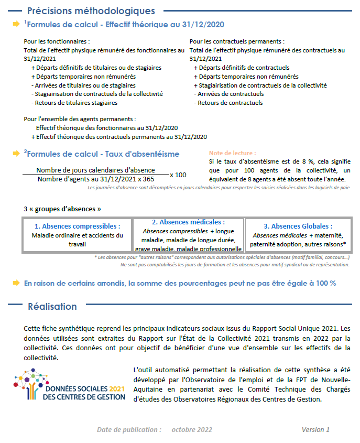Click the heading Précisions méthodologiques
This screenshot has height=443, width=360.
pyautogui.click(x=91, y=10)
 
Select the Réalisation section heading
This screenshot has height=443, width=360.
pyautogui.click(x=52, y=307)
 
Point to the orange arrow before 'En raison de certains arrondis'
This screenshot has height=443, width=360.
pyautogui.click(x=16, y=283)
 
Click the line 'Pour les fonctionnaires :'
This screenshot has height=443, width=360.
pyautogui.click(x=57, y=41)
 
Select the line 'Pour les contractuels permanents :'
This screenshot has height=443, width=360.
pyautogui.click(x=237, y=41)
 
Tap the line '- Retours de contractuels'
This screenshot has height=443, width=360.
pyautogui.click(x=228, y=103)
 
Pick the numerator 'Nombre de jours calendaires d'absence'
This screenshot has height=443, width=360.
pyautogui.click(x=95, y=170)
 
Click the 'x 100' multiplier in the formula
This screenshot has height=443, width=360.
pyautogui.click(x=178, y=175)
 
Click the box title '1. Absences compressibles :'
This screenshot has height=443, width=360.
pyautogui.click(x=77, y=226)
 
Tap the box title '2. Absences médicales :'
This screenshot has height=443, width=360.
pyautogui.click(x=188, y=222)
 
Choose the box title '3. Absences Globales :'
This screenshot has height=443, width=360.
pyautogui.click(x=298, y=226)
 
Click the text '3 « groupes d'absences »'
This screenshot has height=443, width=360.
pyautogui.click(x=62, y=209)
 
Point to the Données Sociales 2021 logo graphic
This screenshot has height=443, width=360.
pyautogui.click(x=70, y=385)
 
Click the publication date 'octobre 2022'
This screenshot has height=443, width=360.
pyautogui.click(x=192, y=430)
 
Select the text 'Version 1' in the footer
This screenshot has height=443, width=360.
pyautogui.click(x=315, y=430)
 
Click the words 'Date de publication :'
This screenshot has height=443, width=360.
pyautogui.click(x=129, y=430)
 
